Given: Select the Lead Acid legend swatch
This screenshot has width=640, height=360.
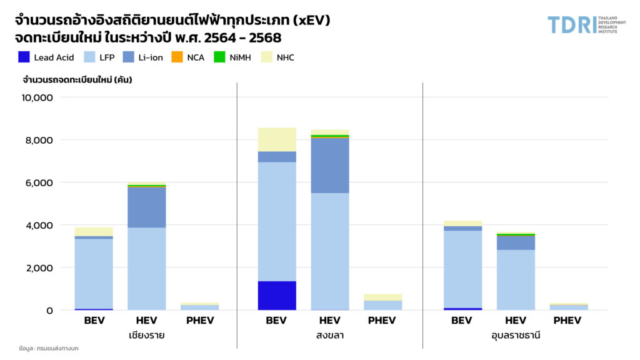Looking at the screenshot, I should click(x=24, y=57).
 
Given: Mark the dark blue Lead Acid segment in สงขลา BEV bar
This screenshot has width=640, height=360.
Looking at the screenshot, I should click(x=277, y=296).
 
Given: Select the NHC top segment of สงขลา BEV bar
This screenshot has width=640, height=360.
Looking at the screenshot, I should click(x=277, y=139).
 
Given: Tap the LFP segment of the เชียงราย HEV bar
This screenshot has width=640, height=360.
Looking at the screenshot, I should click(x=147, y=269).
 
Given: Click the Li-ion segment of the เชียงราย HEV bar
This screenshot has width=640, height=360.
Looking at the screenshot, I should click(x=147, y=207).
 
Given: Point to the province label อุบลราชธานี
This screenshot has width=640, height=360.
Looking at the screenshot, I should click(x=515, y=335).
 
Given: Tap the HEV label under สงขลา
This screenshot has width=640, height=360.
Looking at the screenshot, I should click(x=329, y=321).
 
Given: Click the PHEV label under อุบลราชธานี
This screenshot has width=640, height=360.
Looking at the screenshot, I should click(x=568, y=321).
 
